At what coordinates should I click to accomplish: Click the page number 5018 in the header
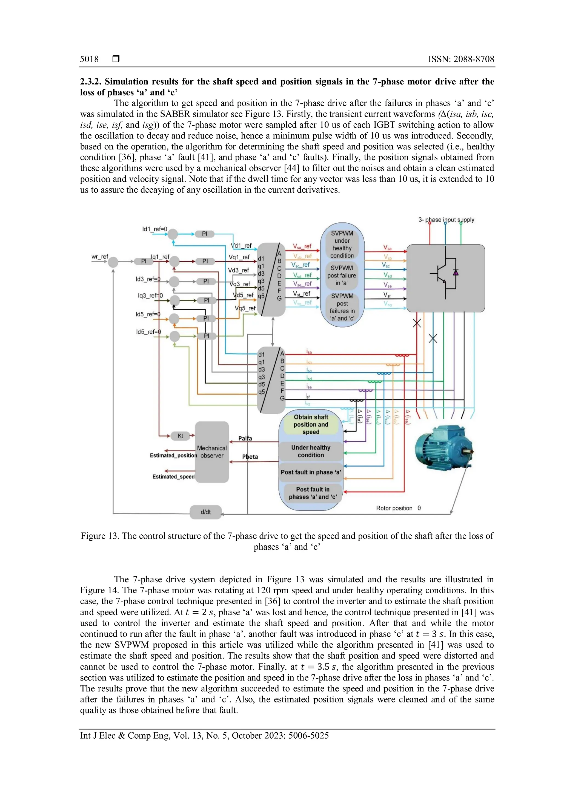[x=89, y=59]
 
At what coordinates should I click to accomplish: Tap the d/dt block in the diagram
[x=205, y=512]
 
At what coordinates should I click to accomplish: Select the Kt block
[x=180, y=436]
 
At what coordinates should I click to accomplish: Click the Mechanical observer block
[x=212, y=452]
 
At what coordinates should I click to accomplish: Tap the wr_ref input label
[x=99, y=257]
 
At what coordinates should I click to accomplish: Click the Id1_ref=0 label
[x=154, y=229]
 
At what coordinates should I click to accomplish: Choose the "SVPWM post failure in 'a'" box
[x=342, y=275]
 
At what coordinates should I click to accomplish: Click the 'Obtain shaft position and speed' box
[x=311, y=424]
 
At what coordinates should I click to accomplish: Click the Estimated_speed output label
[x=173, y=477]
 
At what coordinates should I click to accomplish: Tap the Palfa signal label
[x=245, y=438]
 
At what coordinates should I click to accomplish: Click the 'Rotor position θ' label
[x=398, y=508]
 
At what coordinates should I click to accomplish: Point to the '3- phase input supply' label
[x=446, y=220]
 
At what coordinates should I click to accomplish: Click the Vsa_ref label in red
[x=302, y=246]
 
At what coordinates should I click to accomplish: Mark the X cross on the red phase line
[x=417, y=323]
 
